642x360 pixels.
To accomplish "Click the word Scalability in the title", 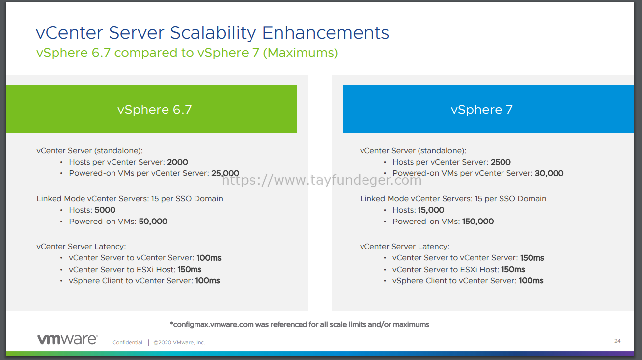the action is [x=213, y=33].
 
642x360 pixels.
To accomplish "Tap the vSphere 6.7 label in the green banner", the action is [x=154, y=110].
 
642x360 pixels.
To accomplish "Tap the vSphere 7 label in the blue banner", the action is [x=481, y=110].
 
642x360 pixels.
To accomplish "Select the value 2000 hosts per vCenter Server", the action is [x=177, y=162].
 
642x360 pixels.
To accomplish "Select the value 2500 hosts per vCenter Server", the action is [x=501, y=162].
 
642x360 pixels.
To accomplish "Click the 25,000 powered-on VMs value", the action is [x=225, y=173].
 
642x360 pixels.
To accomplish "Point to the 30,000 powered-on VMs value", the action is [x=549, y=173].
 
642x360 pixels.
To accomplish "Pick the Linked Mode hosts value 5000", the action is [x=105, y=210].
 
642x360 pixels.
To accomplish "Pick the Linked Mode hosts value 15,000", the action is [x=431, y=210].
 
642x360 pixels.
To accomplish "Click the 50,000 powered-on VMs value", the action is [x=153, y=222].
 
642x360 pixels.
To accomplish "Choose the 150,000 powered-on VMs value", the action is [x=478, y=222].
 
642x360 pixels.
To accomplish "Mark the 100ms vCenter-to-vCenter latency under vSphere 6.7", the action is [x=209, y=258].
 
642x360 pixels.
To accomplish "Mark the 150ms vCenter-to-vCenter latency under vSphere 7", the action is [x=532, y=258].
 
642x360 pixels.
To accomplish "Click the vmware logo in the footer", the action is [x=68, y=339].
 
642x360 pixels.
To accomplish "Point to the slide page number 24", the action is [x=617, y=341].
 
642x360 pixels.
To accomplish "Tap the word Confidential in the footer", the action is [x=127, y=342].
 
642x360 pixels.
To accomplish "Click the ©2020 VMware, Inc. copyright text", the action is [x=179, y=342].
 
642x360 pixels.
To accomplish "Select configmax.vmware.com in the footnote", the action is [x=213, y=325].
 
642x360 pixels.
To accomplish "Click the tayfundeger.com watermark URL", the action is [x=322, y=180].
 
